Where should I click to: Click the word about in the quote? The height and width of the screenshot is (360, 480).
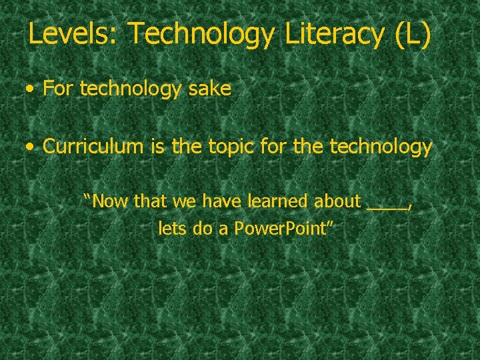click(337, 201)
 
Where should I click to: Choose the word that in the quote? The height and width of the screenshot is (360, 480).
click(150, 201)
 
